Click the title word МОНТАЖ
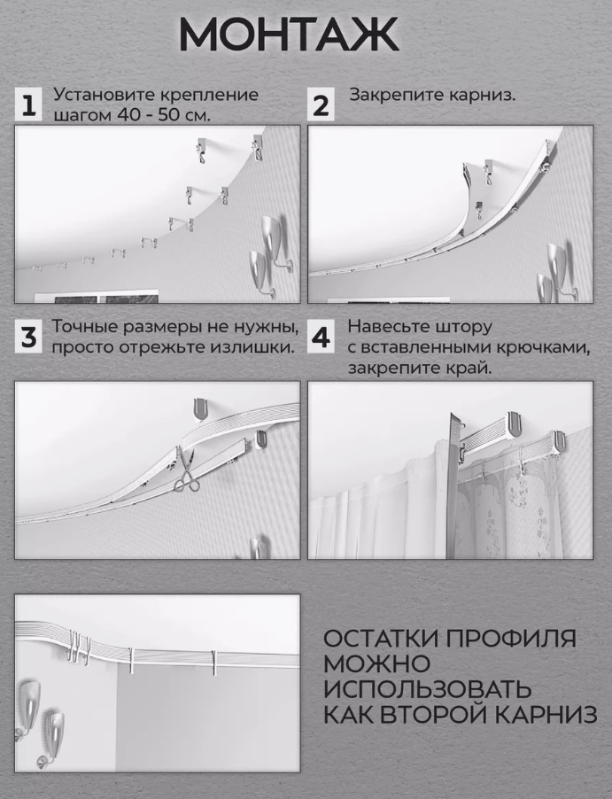[x=289, y=35]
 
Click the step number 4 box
[x=321, y=337]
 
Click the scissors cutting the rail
[x=187, y=470]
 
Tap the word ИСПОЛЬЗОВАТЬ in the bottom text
[x=428, y=689]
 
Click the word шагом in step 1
[x=79, y=114]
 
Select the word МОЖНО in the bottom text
[x=376, y=664]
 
